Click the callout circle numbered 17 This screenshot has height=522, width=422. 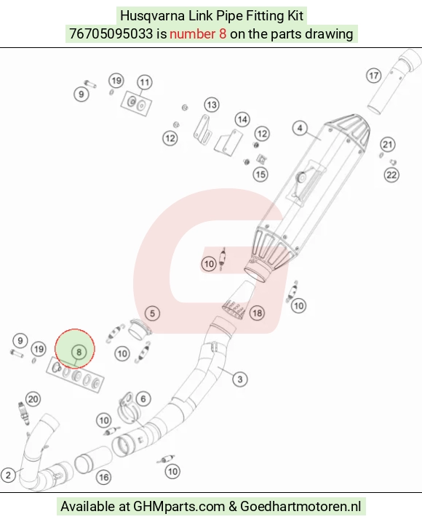[x=374, y=76]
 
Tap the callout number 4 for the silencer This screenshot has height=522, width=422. [x=300, y=128]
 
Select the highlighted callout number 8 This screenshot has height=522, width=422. [x=79, y=352]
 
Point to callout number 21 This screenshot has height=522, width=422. [x=387, y=145]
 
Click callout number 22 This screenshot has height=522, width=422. [x=391, y=174]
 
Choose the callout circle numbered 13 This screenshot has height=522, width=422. [x=212, y=105]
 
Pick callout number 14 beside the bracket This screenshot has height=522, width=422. [x=242, y=119]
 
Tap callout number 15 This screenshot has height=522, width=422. [x=260, y=174]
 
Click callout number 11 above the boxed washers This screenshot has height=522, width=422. [x=145, y=82]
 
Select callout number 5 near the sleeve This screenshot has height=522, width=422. [x=152, y=313]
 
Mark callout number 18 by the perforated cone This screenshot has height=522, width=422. [x=257, y=313]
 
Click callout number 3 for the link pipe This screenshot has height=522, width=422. [x=240, y=380]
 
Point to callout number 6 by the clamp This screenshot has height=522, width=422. [x=143, y=399]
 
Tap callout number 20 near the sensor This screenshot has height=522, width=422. [x=33, y=399]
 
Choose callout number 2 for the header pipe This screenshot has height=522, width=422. [x=8, y=475]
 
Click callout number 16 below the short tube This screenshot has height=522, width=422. [x=103, y=478]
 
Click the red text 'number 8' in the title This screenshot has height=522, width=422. [x=198, y=34]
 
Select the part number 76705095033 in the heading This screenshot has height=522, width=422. [x=111, y=34]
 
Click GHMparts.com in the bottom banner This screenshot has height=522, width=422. [x=179, y=506]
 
